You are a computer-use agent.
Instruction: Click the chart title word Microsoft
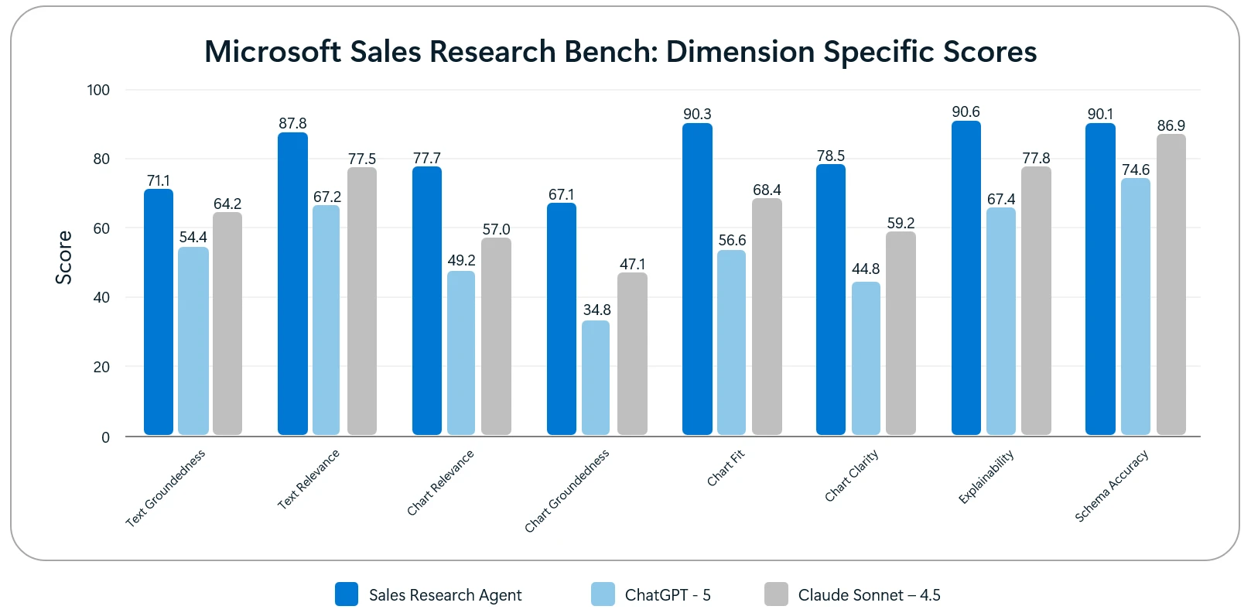(272, 52)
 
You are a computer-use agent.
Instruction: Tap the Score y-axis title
(63, 258)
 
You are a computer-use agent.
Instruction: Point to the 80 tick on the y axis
(101, 159)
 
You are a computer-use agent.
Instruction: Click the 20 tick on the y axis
(101, 367)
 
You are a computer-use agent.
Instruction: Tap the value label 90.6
(966, 112)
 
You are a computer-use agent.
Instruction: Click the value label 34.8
(596, 310)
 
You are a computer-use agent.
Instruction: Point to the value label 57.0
(496, 230)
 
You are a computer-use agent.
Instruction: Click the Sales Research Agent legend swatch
(346, 594)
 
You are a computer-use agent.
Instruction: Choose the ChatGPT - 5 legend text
(667, 595)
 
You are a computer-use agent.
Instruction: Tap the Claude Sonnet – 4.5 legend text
(869, 595)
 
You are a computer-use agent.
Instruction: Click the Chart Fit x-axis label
(725, 468)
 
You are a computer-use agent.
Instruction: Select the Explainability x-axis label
(986, 477)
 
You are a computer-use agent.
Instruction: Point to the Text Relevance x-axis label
(308, 479)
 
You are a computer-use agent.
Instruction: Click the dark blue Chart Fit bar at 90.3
(697, 279)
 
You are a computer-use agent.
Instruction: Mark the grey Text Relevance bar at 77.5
(362, 301)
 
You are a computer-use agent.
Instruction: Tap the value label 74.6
(1135, 170)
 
